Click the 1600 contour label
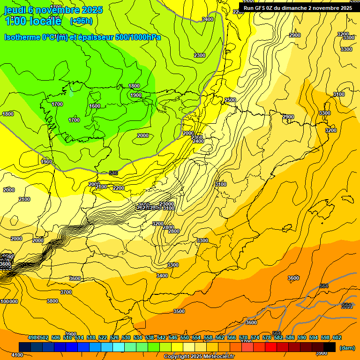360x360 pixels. (x=95, y=106)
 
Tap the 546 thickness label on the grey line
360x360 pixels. (x=113, y=173)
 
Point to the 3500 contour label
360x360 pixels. (x=179, y=311)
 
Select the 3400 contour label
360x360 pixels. (x=162, y=276)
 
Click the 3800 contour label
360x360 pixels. (x=52, y=301)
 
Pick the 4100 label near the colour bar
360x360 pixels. (x=17, y=355)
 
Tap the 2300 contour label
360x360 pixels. (x=199, y=55)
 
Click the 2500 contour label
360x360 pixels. (x=230, y=100)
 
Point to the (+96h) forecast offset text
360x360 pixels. (x=81, y=21)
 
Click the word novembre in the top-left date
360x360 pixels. (x=54, y=9)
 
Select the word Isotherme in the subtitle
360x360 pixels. (x=22, y=37)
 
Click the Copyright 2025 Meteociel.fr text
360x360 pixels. (x=199, y=356)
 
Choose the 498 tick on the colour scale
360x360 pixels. (x=32, y=337)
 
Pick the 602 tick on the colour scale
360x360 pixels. (x=337, y=337)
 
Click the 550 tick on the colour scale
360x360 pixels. (x=185, y=337)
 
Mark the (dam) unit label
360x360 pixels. (x=346, y=348)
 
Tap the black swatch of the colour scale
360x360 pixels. (x=330, y=347)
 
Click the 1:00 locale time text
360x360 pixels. (x=33, y=21)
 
